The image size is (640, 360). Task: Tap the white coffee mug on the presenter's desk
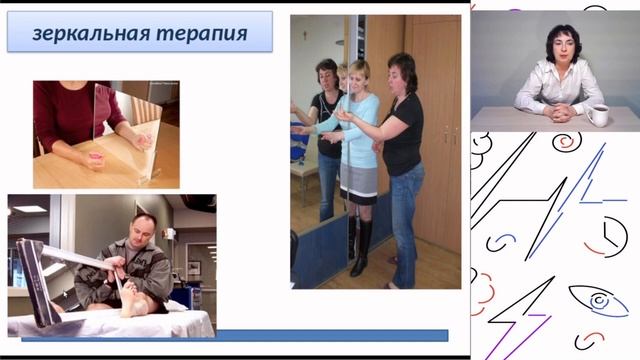point(598,115)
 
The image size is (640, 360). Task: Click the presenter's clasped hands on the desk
point(559,111)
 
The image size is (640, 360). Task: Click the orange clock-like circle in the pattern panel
point(607,237)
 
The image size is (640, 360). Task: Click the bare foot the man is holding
point(130,300)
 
